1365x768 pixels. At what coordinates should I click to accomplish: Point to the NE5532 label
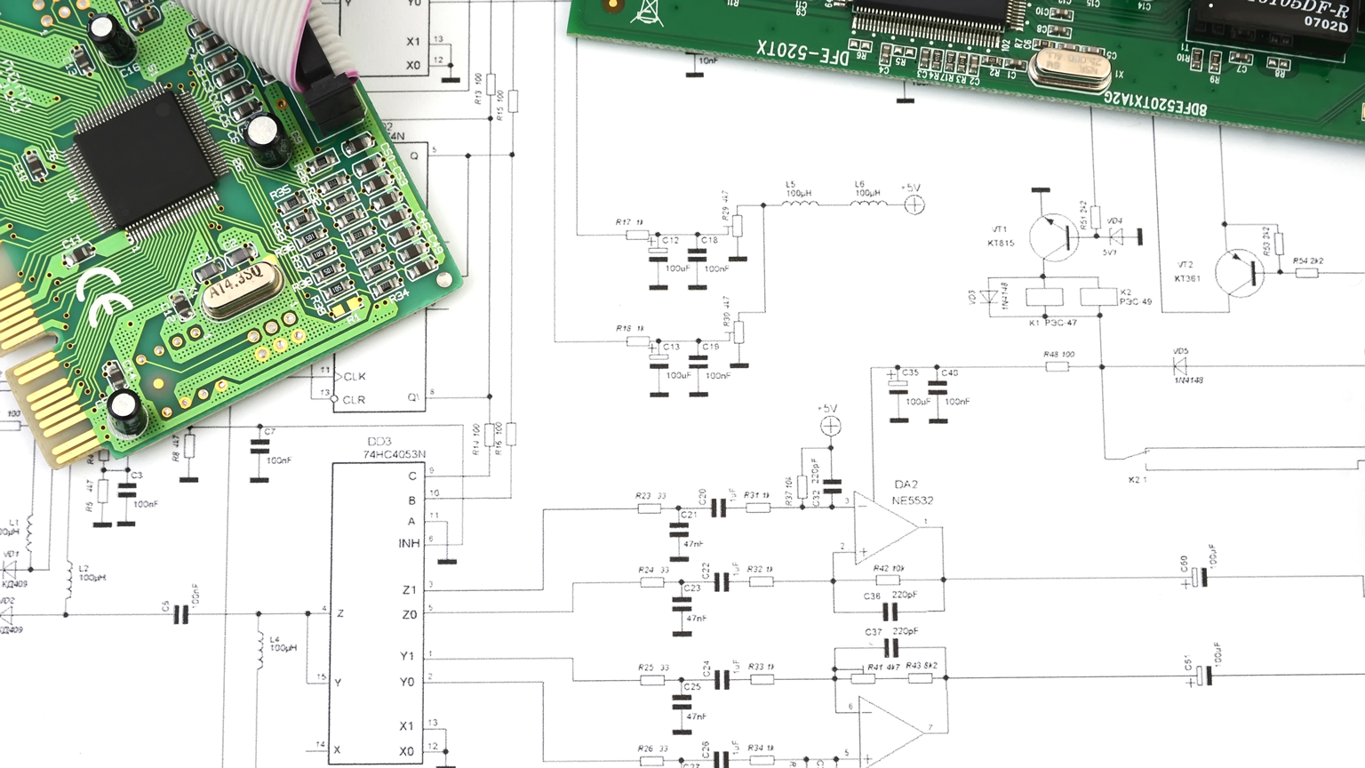[912, 500]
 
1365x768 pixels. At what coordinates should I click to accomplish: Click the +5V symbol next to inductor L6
[914, 204]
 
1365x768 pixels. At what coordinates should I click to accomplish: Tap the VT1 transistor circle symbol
[1054, 237]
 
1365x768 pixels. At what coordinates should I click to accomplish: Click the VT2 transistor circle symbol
[1239, 273]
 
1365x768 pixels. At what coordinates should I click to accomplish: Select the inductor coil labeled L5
[799, 204]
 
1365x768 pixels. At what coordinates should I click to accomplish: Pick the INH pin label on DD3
[409, 543]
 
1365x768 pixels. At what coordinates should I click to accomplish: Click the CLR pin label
[354, 400]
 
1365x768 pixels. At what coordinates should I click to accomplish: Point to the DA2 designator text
[906, 484]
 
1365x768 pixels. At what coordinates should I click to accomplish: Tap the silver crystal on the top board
[1069, 67]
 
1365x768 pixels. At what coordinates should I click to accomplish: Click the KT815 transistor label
[1001, 243]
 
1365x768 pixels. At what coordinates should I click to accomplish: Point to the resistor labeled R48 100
[1057, 365]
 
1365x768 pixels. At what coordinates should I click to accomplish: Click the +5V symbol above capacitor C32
[830, 427]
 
